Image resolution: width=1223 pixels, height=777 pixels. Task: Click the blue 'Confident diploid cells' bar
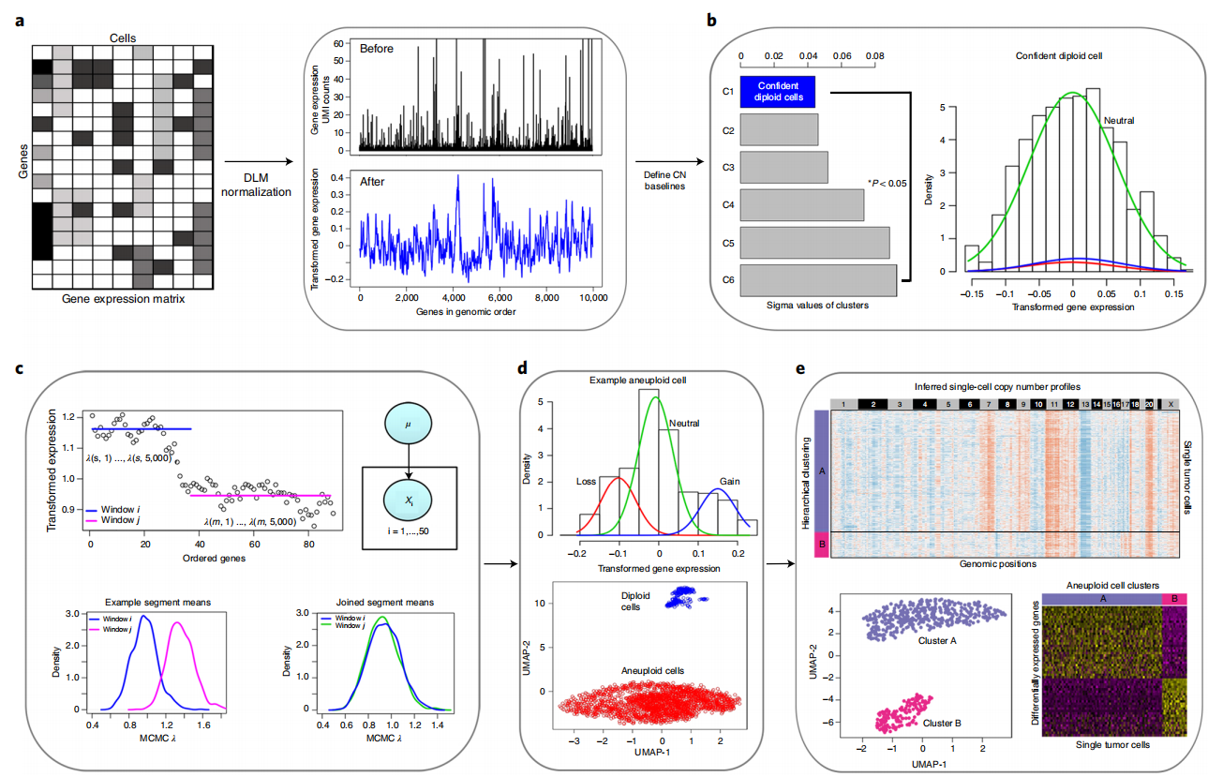[778, 91]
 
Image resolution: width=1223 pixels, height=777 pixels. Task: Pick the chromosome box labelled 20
[1150, 403]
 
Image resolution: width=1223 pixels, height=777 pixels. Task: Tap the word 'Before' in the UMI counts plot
[380, 48]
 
